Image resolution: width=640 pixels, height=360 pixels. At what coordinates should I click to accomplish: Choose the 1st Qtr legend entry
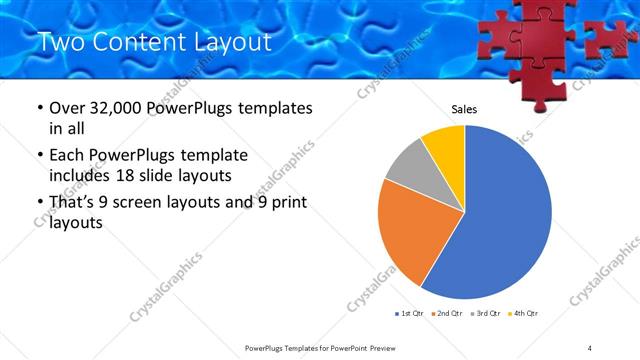click(x=411, y=314)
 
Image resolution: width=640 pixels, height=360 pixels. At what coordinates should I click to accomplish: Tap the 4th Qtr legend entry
click(x=525, y=314)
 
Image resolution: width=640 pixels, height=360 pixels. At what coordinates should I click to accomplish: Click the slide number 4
click(x=590, y=347)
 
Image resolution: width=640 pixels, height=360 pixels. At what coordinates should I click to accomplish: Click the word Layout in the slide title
click(x=229, y=42)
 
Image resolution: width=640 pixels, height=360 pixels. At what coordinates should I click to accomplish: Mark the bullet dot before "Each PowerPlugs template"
click(x=39, y=155)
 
